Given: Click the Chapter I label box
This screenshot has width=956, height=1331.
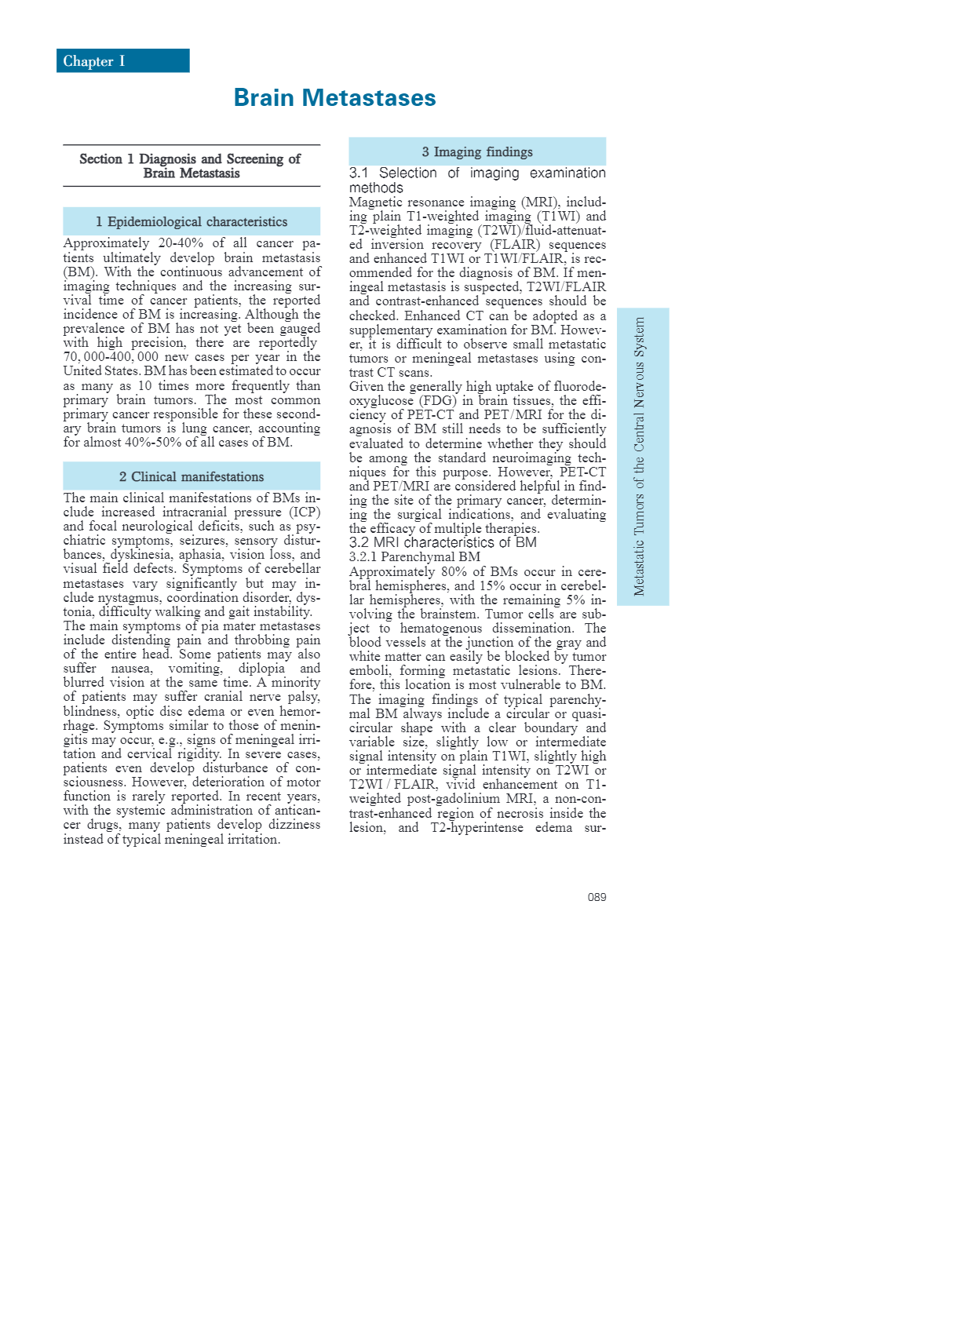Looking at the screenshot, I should point(122,61).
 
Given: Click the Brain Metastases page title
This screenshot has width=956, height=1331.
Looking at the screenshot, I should point(334,98).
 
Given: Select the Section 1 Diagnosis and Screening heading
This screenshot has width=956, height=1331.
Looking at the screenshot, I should point(191,166).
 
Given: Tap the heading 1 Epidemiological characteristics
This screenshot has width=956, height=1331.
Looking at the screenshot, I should point(192,222).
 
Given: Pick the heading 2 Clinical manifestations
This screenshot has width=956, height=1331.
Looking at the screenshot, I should point(192,477).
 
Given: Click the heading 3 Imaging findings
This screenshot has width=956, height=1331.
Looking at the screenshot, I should point(477,152).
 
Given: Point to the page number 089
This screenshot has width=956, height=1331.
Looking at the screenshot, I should point(597,897).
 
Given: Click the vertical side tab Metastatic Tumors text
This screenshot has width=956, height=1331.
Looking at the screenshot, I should point(640,456).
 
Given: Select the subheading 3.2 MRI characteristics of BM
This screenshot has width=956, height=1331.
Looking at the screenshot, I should point(443,542).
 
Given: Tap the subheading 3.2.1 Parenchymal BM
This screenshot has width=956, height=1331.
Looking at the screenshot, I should point(414,556).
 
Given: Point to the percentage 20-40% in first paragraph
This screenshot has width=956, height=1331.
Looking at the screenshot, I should point(181,243).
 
